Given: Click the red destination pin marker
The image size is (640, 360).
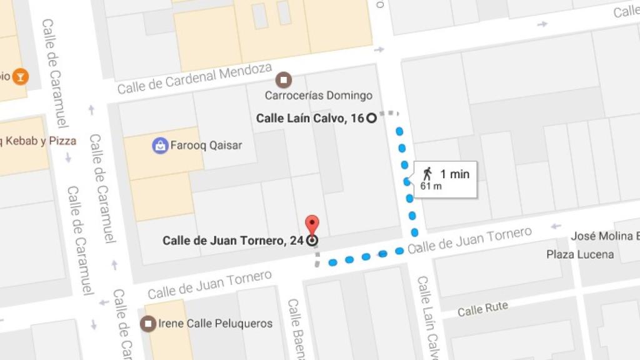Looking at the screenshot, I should [311, 224].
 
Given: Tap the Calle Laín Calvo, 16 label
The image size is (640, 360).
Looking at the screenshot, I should [310, 117].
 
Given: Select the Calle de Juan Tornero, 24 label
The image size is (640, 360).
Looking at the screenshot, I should [233, 241].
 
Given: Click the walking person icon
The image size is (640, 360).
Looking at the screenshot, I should [427, 174].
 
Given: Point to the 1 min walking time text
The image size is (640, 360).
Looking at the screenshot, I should [454, 174].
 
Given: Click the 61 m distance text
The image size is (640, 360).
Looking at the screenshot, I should [431, 186].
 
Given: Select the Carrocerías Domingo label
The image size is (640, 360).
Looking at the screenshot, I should [318, 96].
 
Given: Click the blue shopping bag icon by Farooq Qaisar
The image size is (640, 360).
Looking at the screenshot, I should [161, 146].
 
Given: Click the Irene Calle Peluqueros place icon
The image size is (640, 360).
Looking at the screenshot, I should [148, 324].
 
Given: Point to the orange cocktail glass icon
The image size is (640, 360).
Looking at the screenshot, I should [21, 76].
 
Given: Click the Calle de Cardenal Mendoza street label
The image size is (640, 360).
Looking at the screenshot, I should [194, 79].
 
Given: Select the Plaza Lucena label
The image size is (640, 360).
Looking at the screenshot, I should [580, 254].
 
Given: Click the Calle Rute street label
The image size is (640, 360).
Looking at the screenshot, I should [482, 309].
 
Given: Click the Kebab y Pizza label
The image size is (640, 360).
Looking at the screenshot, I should [39, 141].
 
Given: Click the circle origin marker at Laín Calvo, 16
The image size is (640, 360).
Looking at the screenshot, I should [371, 117].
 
